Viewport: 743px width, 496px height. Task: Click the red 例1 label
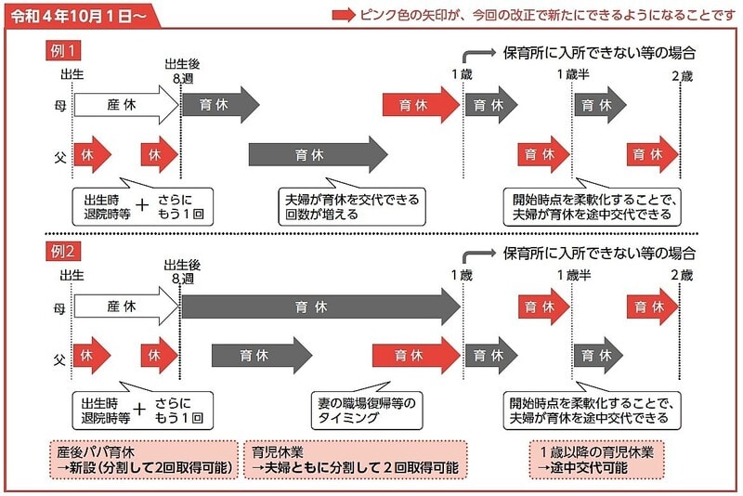pos(63,51)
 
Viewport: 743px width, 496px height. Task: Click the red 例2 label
pos(63,252)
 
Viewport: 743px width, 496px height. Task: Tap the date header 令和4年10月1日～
pos(78,16)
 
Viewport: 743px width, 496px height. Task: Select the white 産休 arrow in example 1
pos(126,105)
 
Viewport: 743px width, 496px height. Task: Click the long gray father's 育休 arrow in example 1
pos(318,154)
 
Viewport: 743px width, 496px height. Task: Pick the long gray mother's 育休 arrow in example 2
pos(321,307)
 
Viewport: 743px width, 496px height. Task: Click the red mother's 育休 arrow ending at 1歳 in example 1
pos(422,105)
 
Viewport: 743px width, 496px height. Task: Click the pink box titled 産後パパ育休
pos(144,460)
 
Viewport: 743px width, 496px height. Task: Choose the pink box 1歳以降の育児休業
pos(596,460)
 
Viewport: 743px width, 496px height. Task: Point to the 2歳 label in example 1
pos(683,76)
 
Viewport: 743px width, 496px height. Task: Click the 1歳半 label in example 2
pos(574,275)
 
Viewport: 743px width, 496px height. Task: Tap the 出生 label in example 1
pos(72,74)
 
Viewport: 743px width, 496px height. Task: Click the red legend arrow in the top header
pos(344,15)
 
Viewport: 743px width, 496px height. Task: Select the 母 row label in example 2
pos(59,308)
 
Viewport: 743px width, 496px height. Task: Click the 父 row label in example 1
pos(60,156)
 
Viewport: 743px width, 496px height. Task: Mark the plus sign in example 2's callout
pos(140,409)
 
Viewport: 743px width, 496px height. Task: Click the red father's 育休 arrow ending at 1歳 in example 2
pos(416,356)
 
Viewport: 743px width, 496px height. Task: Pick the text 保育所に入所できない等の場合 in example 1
pos(599,53)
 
